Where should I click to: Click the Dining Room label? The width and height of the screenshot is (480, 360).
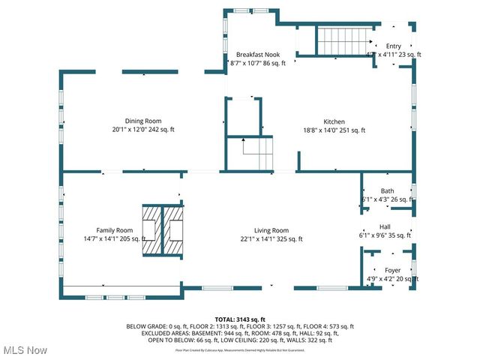click(143, 121)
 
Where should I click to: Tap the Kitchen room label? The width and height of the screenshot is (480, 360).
click(334, 121)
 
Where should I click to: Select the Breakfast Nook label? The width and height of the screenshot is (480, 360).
click(257, 55)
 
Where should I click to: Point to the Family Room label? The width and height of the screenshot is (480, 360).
click(115, 230)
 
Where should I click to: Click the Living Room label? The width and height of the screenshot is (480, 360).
click(270, 230)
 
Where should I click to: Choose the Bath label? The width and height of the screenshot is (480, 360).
click(387, 190)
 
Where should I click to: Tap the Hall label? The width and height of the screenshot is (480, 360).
click(385, 226)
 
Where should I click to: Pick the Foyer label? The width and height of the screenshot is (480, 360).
click(393, 270)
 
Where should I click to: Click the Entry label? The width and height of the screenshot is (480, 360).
click(394, 46)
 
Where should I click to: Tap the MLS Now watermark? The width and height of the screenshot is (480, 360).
click(25, 350)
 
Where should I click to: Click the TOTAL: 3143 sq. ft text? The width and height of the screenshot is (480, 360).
click(240, 319)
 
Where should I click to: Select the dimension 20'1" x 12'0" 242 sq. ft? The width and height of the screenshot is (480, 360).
click(143, 130)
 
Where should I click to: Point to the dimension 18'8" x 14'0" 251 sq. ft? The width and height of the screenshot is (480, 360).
click(334, 130)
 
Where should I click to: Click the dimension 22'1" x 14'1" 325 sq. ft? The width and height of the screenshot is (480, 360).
click(270, 239)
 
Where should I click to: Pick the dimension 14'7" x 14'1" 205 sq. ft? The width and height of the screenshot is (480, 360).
click(115, 239)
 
